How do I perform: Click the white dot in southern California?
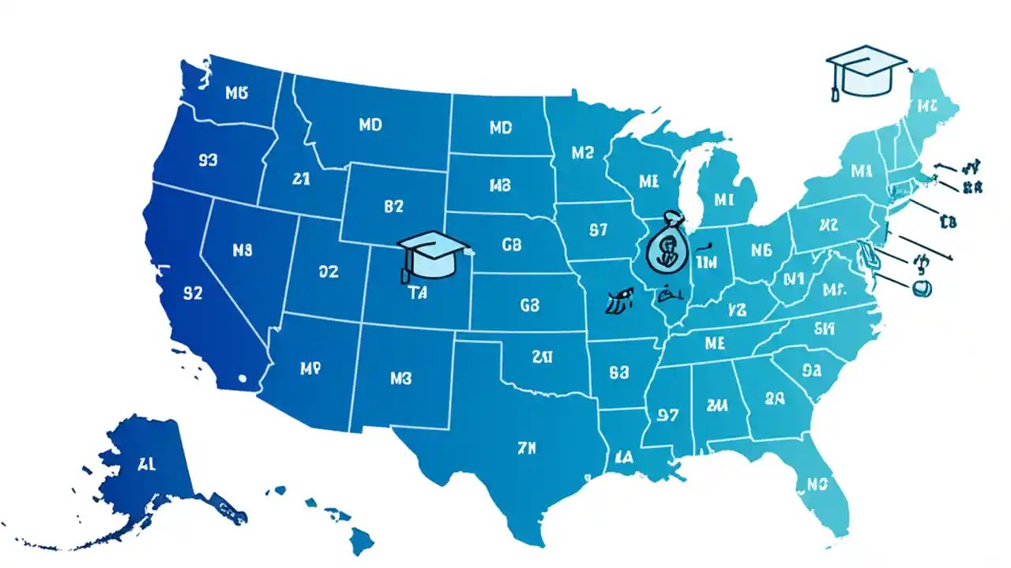242,379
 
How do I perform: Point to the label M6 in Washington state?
236,93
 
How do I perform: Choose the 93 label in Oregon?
208,161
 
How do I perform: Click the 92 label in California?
194,293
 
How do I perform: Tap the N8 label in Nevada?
242,250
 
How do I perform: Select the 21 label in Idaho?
300,179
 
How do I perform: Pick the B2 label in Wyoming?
393,207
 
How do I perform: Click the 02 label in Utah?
328,271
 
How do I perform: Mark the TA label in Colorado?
417,293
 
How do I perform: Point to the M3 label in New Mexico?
401,378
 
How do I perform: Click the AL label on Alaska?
146,464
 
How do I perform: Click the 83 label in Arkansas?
619,371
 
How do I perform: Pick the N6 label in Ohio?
761,251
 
